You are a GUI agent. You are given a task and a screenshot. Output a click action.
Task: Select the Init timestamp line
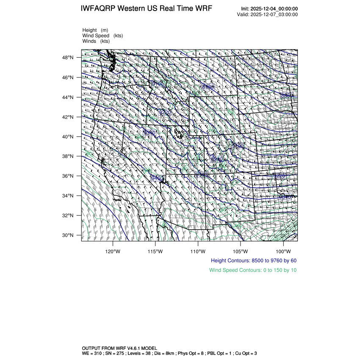point(269,9)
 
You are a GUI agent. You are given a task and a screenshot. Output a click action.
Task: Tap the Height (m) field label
point(95,30)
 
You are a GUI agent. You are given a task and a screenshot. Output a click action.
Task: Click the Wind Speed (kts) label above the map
point(102,36)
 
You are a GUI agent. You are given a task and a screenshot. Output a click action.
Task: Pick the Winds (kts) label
point(96,41)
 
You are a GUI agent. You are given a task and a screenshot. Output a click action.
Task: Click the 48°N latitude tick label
point(69,58)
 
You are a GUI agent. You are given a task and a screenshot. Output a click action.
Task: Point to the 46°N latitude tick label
point(69,78)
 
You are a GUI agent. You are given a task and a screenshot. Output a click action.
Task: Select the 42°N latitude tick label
point(69,117)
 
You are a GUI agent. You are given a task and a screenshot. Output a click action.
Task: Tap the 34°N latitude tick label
point(69,196)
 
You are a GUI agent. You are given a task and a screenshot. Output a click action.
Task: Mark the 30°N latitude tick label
point(69,235)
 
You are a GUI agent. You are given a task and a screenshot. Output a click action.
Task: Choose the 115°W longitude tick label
point(155,250)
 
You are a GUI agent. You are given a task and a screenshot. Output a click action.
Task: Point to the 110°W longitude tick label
point(198,250)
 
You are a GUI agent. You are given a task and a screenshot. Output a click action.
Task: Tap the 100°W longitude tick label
point(283,250)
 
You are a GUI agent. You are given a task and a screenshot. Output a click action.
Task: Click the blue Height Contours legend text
point(253,260)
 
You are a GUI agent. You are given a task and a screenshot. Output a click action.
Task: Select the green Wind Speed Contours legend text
point(253,270)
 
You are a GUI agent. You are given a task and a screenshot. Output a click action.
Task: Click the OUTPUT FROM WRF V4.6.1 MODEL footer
point(120,347)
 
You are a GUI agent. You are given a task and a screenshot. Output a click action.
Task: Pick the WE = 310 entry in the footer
point(92,352)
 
